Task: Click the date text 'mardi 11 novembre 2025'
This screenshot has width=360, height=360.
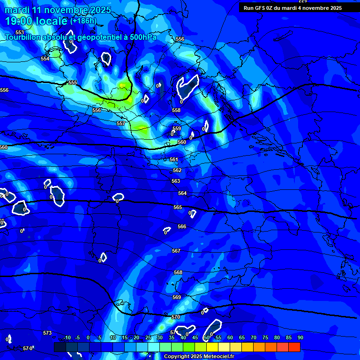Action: point(58,10)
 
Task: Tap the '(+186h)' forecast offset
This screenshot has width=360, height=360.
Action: point(83,21)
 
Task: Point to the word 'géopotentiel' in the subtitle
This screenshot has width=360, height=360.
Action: point(97,37)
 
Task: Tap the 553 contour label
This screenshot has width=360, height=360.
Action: point(20,32)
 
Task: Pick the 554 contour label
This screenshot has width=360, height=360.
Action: point(45,59)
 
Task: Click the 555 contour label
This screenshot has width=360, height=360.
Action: point(73,82)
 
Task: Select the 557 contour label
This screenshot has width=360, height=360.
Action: point(121,123)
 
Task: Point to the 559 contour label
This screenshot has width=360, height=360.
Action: point(177,128)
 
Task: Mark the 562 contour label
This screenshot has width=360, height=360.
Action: point(177,170)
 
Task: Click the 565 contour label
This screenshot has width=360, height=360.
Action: point(178,207)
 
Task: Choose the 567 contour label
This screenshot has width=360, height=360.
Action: point(176,251)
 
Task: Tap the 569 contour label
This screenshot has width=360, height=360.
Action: point(177,297)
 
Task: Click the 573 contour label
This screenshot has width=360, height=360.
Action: point(47,333)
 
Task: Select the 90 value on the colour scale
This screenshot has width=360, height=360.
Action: point(300,337)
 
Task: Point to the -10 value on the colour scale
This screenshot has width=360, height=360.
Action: point(67,337)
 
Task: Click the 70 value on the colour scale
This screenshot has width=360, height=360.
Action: point(253,337)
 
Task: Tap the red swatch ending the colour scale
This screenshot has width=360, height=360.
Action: point(294,347)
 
